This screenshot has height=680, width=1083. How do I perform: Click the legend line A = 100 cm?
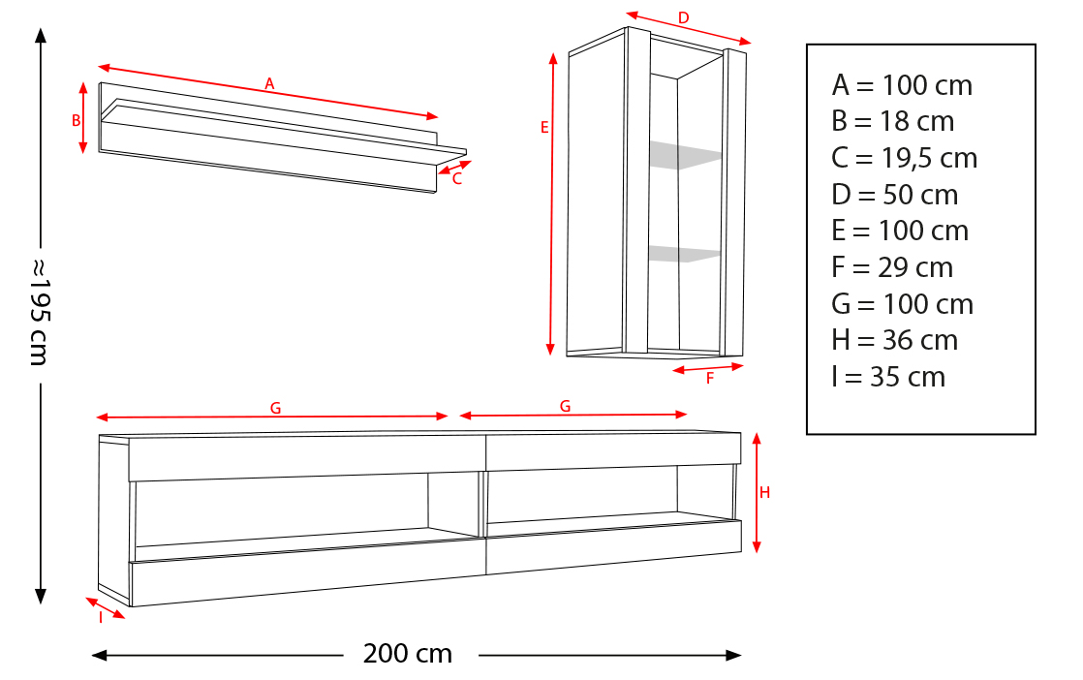902,85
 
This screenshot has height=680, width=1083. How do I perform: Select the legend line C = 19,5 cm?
904,158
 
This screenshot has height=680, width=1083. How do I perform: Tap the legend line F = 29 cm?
892,267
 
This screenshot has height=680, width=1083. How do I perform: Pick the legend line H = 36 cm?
894,340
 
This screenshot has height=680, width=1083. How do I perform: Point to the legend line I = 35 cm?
888,377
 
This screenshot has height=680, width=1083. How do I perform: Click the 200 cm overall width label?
408,654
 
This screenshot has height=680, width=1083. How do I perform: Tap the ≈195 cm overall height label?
40,312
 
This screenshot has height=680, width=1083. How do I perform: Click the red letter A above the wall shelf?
269,84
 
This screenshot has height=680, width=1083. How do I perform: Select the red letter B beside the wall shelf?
76,120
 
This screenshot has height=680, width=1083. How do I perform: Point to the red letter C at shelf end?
456,179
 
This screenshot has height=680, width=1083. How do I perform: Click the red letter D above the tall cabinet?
683,18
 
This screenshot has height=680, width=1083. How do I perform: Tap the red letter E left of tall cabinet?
544,128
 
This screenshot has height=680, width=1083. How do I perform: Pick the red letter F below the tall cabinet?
710,379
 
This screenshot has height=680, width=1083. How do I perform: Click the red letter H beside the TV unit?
764,492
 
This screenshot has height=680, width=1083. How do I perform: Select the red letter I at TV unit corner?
101,617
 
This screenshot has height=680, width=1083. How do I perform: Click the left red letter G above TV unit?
275,409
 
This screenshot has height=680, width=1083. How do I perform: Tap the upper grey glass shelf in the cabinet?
685,155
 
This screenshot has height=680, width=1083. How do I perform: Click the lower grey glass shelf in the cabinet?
684,254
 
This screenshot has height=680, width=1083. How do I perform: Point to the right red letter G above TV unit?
565,407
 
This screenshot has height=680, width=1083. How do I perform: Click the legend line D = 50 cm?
895,195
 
